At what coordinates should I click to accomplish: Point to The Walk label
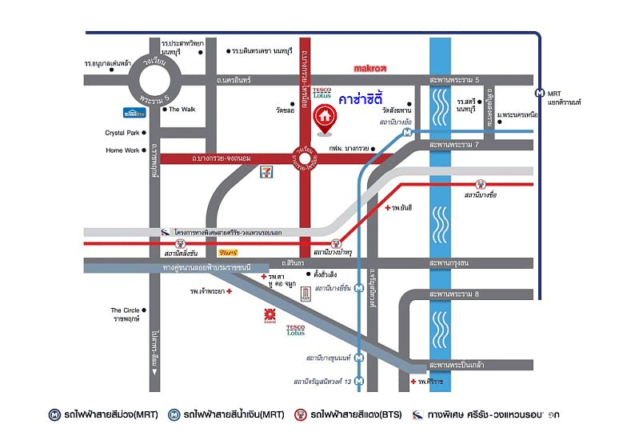(182, 110)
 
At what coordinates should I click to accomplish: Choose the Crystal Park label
(122, 133)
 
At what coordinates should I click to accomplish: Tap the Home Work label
(122, 150)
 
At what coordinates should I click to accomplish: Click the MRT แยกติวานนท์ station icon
(541, 92)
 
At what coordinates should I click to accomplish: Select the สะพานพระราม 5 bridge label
(453, 81)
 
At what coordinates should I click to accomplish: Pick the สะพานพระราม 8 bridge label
(453, 295)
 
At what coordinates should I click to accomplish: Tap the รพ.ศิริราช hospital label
(430, 382)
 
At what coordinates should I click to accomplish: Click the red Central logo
(270, 316)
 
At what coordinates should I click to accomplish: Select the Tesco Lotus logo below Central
(295, 329)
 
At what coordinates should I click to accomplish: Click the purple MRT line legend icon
(54, 415)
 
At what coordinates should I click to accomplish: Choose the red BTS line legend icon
(302, 415)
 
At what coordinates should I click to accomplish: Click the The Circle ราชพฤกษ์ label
(126, 314)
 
